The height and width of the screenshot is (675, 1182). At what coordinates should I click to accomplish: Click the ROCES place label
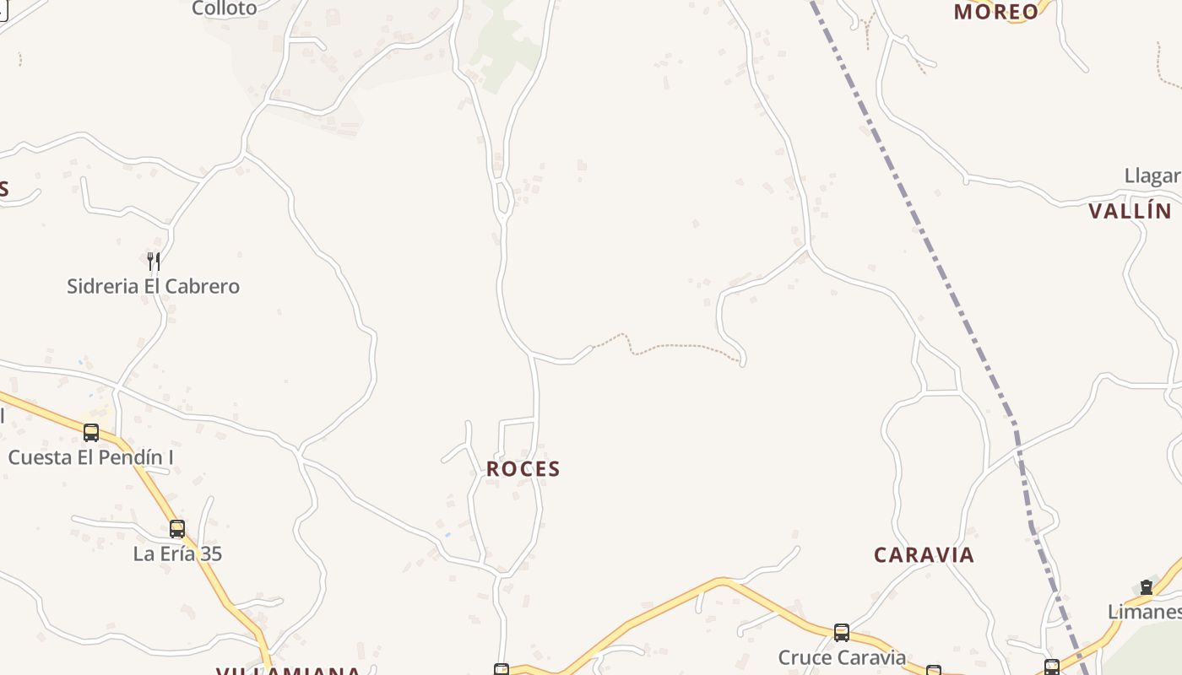point(523,469)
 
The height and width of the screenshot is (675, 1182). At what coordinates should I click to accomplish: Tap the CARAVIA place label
point(924,555)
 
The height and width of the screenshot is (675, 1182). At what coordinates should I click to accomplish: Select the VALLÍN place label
point(1130,211)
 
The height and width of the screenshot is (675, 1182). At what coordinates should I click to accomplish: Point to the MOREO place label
point(996,12)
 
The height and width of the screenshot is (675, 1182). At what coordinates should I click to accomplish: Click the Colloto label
point(224,8)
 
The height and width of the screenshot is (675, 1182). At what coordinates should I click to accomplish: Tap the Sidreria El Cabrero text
point(153,286)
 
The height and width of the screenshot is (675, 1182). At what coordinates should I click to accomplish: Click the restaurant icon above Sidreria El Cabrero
point(154,261)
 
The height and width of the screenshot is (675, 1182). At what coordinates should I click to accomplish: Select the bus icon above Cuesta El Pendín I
point(91,433)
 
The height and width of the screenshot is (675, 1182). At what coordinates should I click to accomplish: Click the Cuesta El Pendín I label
point(90,457)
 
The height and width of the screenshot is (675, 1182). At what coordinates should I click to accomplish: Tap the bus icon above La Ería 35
point(177,529)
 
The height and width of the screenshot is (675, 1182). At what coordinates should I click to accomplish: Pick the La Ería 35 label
point(177,553)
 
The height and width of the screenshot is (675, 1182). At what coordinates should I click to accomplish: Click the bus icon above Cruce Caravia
point(841,632)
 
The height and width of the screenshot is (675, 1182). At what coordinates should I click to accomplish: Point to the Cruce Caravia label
point(842,657)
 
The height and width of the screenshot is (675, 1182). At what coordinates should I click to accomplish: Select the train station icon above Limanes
point(1146,587)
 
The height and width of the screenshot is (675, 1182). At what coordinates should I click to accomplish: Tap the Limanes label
point(1145,611)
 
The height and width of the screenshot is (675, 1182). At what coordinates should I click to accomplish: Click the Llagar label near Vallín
point(1152,175)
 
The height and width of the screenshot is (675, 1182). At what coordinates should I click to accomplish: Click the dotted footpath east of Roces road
point(675,345)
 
